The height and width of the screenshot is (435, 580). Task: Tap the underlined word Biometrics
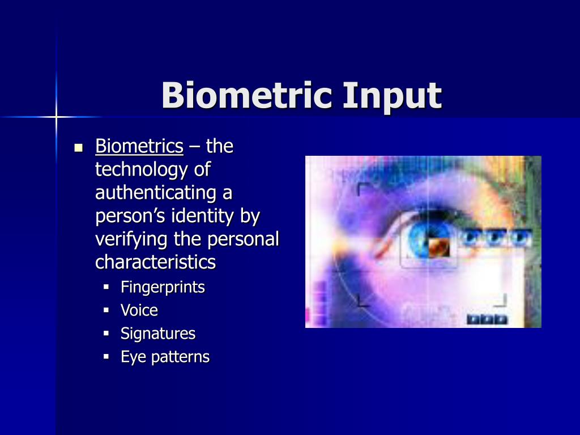pyautogui.click(x=139, y=147)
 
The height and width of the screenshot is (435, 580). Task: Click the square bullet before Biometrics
pyautogui.click(x=79, y=148)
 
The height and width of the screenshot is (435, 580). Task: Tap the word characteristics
pyautogui.click(x=155, y=263)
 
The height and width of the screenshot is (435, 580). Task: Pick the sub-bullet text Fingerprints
pyautogui.click(x=163, y=288)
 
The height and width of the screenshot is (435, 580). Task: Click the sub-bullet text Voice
pyautogui.click(x=139, y=310)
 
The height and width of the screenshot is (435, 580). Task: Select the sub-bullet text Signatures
pyautogui.click(x=158, y=334)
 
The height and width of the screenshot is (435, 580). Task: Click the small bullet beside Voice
pyautogui.click(x=106, y=311)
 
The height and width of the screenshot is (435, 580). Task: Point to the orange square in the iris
pyautogui.click(x=438, y=246)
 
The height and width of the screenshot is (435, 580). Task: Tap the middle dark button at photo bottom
pyautogui.click(x=487, y=319)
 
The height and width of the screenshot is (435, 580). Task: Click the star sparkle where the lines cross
pyautogui.click(x=57, y=117)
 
